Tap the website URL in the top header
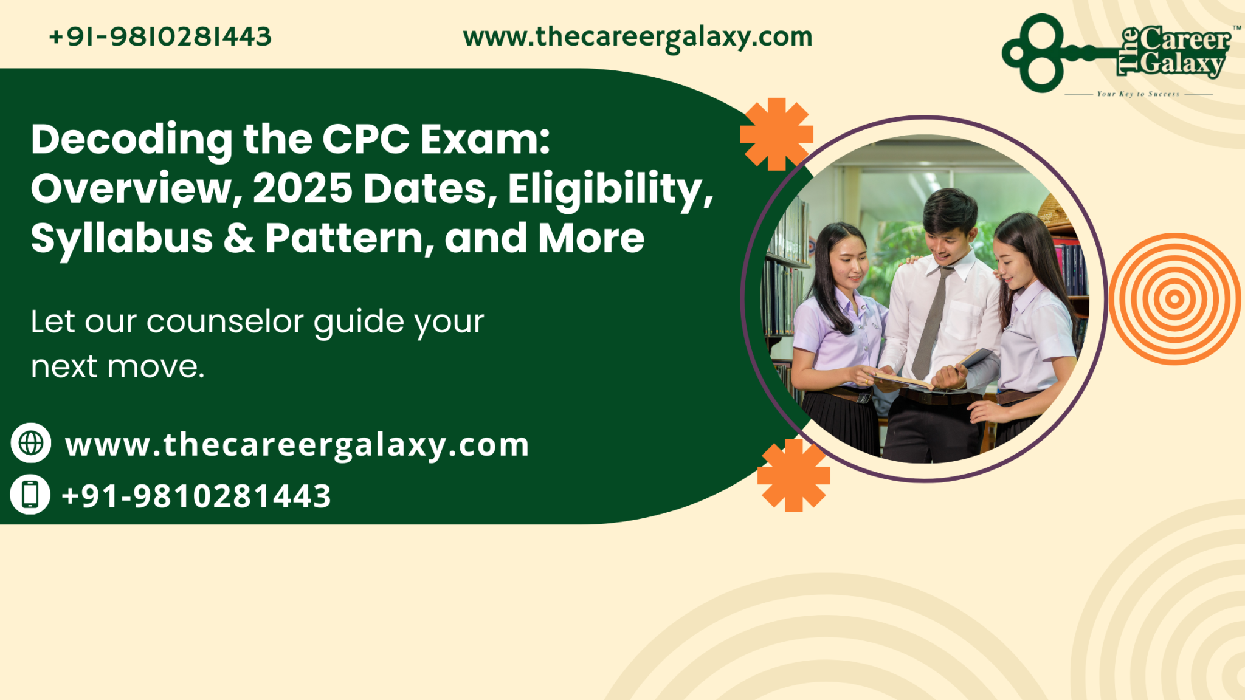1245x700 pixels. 637,37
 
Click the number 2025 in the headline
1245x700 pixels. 302,188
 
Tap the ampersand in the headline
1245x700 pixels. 239,238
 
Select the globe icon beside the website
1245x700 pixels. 31,443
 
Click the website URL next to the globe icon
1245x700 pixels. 297,445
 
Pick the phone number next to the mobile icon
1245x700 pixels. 196,496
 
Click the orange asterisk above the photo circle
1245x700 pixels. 776,134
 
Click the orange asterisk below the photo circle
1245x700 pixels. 793,475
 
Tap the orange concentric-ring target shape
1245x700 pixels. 1174,299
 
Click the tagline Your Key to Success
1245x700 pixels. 1138,94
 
